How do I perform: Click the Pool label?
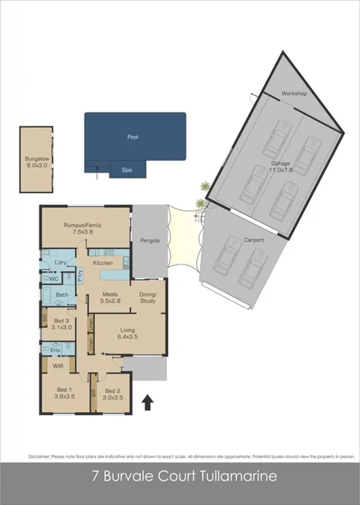pyautogui.click(x=133, y=138)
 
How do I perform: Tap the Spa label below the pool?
pyautogui.click(x=126, y=171)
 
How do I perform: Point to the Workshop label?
pyautogui.click(x=293, y=93)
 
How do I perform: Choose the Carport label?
pyautogui.click(x=254, y=240)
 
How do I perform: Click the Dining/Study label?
pyautogui.click(x=148, y=297)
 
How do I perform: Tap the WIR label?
pyautogui.click(x=56, y=366)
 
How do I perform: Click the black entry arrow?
pyautogui.click(x=148, y=402)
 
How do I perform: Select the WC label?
pyautogui.click(x=54, y=279)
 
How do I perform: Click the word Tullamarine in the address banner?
pyautogui.click(x=234, y=477)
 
